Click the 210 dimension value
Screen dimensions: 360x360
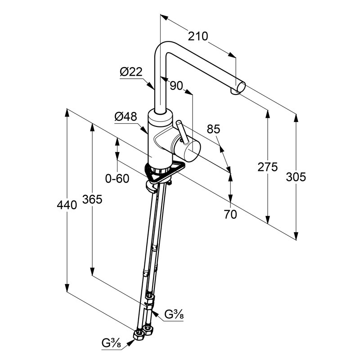click(198, 36)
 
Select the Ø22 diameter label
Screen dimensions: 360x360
click(131, 72)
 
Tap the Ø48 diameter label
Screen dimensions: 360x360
click(126, 117)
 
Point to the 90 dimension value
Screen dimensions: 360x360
click(176, 86)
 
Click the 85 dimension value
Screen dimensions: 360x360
click(213, 129)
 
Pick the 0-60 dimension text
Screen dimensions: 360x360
click(117, 178)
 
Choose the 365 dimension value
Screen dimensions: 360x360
click(92, 199)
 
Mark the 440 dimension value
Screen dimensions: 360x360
click(67, 205)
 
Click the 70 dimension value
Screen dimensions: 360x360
click(230, 215)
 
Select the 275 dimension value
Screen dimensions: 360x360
click(267, 167)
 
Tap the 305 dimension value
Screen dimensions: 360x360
click(296, 177)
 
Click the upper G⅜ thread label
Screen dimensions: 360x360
click(174, 314)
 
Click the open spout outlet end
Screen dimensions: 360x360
click(241, 87)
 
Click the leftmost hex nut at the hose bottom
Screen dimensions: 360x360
click(139, 335)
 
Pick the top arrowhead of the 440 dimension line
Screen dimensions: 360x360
click(67, 112)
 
